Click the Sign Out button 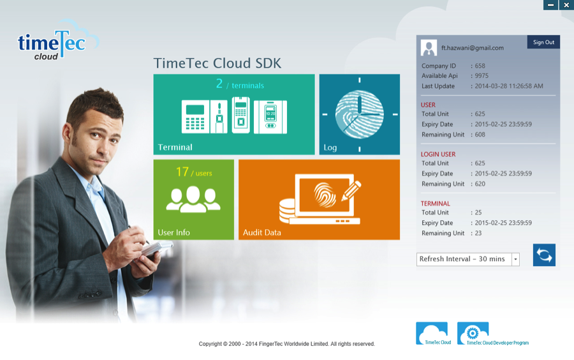tap(543, 42)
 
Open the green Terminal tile tap(233, 114)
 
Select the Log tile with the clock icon tap(359, 114)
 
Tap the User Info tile tap(193, 199)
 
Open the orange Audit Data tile tap(319, 199)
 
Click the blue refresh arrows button tap(544, 255)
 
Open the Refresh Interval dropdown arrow tap(515, 259)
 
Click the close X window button tap(566, 5)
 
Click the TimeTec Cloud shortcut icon tap(432, 333)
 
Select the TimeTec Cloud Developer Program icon tap(473, 333)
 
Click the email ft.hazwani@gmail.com tap(472, 48)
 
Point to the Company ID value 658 tap(480, 66)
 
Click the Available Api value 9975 tap(482, 76)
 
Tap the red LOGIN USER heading tap(438, 154)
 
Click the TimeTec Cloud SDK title tap(217, 63)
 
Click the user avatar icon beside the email tap(429, 47)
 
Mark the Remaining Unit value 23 tap(478, 233)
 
